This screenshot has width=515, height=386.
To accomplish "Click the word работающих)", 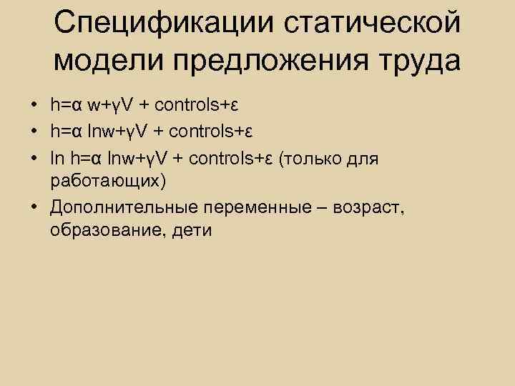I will tap(108, 181).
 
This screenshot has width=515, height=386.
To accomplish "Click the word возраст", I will tap(370, 207).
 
